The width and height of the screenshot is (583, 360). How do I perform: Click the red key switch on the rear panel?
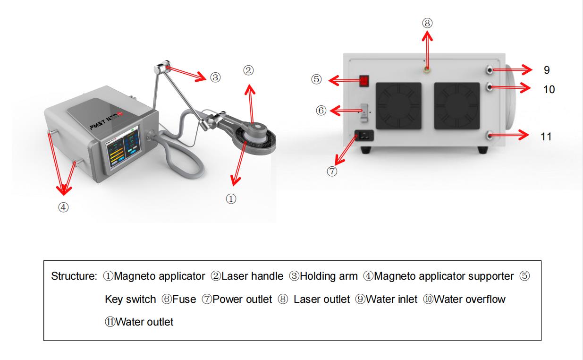point(363,81)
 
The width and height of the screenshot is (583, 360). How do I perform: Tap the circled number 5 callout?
point(317,80)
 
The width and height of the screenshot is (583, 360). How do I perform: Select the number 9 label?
point(546,70)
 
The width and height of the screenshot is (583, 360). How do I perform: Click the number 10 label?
point(549,89)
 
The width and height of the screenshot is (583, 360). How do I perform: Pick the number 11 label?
point(546,137)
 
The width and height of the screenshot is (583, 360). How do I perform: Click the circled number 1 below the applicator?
point(231,199)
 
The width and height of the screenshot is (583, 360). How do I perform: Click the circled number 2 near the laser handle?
point(248,70)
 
